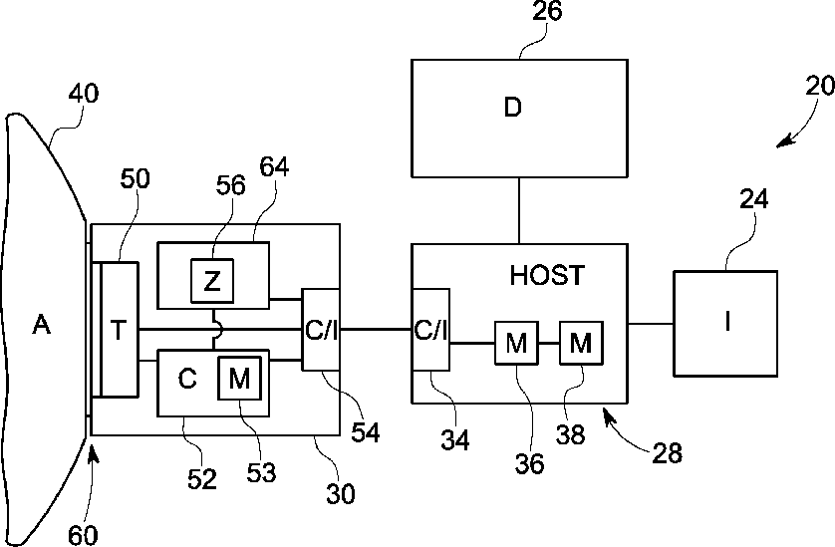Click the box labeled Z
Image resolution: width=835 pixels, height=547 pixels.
click(x=212, y=281)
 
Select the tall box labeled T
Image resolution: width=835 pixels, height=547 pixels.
click(x=120, y=330)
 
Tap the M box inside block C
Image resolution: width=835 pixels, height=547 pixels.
click(x=239, y=379)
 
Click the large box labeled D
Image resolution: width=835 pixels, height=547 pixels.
click(x=519, y=119)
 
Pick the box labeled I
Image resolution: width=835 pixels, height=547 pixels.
click(x=725, y=324)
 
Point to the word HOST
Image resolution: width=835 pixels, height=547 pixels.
click(x=547, y=275)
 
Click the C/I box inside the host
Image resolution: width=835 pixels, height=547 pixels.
click(x=430, y=330)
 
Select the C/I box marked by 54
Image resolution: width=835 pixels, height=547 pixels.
click(x=321, y=330)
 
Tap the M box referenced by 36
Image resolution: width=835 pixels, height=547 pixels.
click(x=516, y=343)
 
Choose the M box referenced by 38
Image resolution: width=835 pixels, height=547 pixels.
click(x=581, y=343)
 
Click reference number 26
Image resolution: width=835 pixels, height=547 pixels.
click(x=547, y=11)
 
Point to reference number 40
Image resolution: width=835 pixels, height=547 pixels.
click(x=84, y=94)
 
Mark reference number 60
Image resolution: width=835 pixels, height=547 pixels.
click(x=83, y=535)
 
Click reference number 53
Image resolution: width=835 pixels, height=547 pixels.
click(x=261, y=472)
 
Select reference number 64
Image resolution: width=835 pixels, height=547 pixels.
click(x=274, y=167)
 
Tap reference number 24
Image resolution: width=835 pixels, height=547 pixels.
click(x=754, y=199)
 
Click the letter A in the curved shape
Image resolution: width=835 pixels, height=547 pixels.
click(x=42, y=324)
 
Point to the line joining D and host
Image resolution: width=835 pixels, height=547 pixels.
click(x=519, y=211)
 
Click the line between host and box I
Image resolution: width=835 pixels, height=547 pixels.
click(x=651, y=323)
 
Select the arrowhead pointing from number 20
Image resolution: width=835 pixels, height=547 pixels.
click(x=783, y=141)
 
